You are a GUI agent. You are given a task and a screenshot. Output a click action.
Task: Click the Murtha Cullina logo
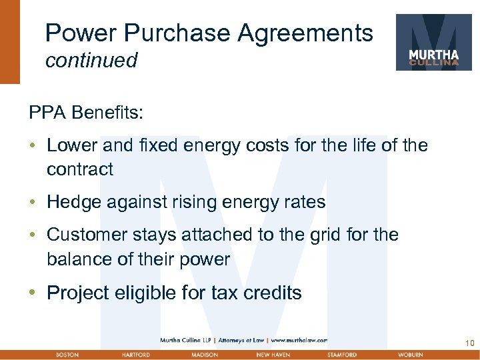pos(433,42)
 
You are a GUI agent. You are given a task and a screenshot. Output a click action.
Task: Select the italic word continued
pos(91,61)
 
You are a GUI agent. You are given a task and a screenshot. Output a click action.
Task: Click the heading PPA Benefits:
pos(85,113)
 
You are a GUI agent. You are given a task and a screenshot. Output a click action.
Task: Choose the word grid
pos(329,235)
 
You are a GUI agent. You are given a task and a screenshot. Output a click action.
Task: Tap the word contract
pos(80,169)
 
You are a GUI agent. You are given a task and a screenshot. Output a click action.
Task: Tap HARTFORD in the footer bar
pos(135,355)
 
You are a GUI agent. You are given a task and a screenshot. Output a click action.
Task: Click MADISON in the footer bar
pos(203,355)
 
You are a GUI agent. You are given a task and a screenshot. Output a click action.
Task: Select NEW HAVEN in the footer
pos(273,355)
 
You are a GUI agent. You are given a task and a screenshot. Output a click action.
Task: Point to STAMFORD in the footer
pos(342,355)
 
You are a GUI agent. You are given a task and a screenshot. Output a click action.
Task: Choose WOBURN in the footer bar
pos(409,355)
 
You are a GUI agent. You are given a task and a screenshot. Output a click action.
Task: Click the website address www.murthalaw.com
pos(298,340)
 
